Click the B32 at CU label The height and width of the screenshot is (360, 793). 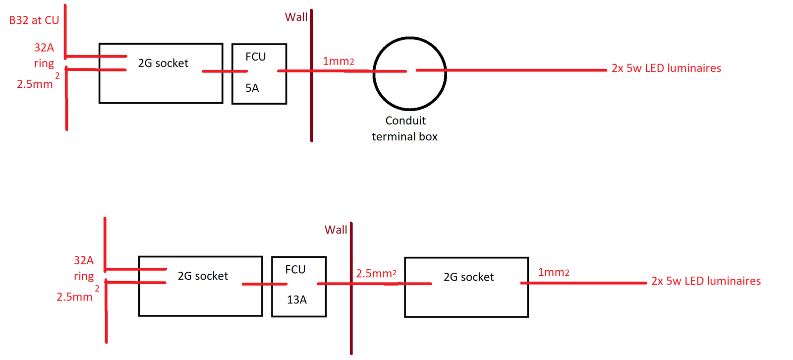[34, 20]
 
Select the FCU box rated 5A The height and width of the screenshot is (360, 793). [259, 73]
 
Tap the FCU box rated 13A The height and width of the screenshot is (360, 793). [299, 286]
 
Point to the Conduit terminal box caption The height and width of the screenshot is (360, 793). [405, 128]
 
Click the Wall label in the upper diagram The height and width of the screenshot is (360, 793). [296, 17]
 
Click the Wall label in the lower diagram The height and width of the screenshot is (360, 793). [336, 230]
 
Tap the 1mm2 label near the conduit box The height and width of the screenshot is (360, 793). [338, 61]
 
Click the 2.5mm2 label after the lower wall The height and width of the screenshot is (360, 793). [376, 273]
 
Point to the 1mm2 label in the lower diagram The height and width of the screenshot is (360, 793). [553, 272]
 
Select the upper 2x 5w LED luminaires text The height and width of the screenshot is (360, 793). [666, 68]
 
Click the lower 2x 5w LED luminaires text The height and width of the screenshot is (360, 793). [706, 281]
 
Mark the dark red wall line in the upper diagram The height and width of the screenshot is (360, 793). [311, 109]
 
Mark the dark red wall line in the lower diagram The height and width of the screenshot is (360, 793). [351, 322]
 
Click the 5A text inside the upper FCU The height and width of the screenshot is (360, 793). [252, 88]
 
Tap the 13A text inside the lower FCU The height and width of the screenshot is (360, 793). [296, 300]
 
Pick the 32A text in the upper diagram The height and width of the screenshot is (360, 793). [44, 48]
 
